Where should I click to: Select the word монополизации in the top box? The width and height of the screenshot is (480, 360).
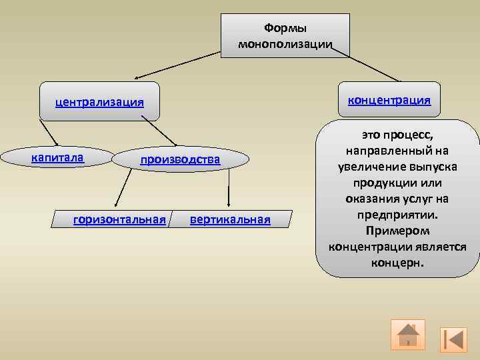[285, 44]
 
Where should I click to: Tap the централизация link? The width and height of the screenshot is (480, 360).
[100, 102]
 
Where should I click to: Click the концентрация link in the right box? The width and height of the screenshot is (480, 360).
[389, 100]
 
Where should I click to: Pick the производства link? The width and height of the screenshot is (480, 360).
[180, 160]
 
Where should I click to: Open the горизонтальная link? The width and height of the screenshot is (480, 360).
[119, 219]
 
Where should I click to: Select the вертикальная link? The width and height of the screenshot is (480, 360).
[230, 219]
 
